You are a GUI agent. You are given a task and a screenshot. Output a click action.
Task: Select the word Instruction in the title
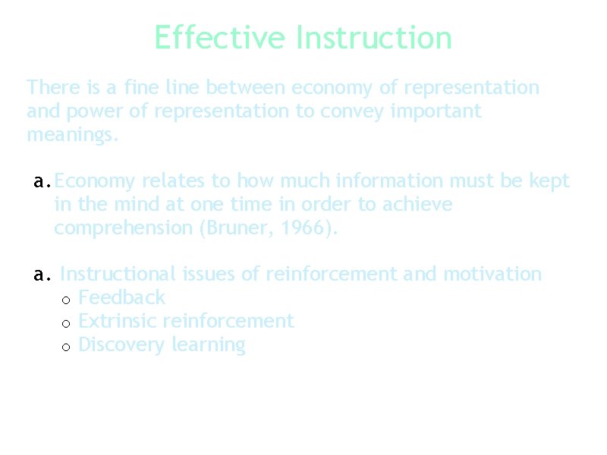[x=374, y=37]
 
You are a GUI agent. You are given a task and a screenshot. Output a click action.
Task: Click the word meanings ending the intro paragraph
[x=72, y=136]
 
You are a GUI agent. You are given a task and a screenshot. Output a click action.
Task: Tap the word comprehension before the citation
[x=124, y=228]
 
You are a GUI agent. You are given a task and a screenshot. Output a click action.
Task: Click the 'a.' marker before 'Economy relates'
[x=42, y=182]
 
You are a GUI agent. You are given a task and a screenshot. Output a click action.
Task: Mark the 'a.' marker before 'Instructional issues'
[x=42, y=275]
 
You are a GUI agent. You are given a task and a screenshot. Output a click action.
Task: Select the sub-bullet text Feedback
[x=121, y=297]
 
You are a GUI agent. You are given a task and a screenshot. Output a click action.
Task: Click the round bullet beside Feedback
[x=66, y=300]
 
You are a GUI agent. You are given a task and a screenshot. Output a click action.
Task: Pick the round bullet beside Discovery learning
[x=66, y=347]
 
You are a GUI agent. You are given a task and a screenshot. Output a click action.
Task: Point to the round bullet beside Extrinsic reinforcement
[x=66, y=323]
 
